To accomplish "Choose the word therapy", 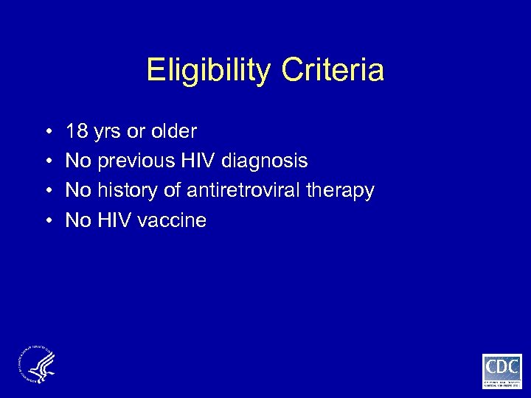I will [341, 191].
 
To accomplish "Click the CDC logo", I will [502, 370].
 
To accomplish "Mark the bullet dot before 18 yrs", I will [46, 133].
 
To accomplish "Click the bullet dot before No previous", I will [46, 161].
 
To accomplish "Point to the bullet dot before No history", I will [46, 191].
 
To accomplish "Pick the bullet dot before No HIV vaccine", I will [46, 220].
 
